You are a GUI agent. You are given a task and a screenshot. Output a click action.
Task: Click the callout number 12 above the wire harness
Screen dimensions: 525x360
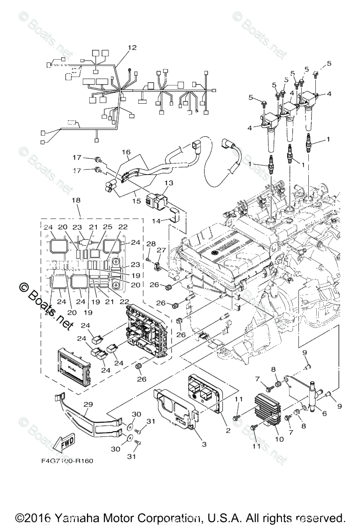(x=132, y=47)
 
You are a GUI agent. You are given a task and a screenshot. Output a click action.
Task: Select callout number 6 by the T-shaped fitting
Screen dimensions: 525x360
(x=324, y=414)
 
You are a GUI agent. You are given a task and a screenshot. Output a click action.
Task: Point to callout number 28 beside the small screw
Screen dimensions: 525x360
(x=150, y=244)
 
